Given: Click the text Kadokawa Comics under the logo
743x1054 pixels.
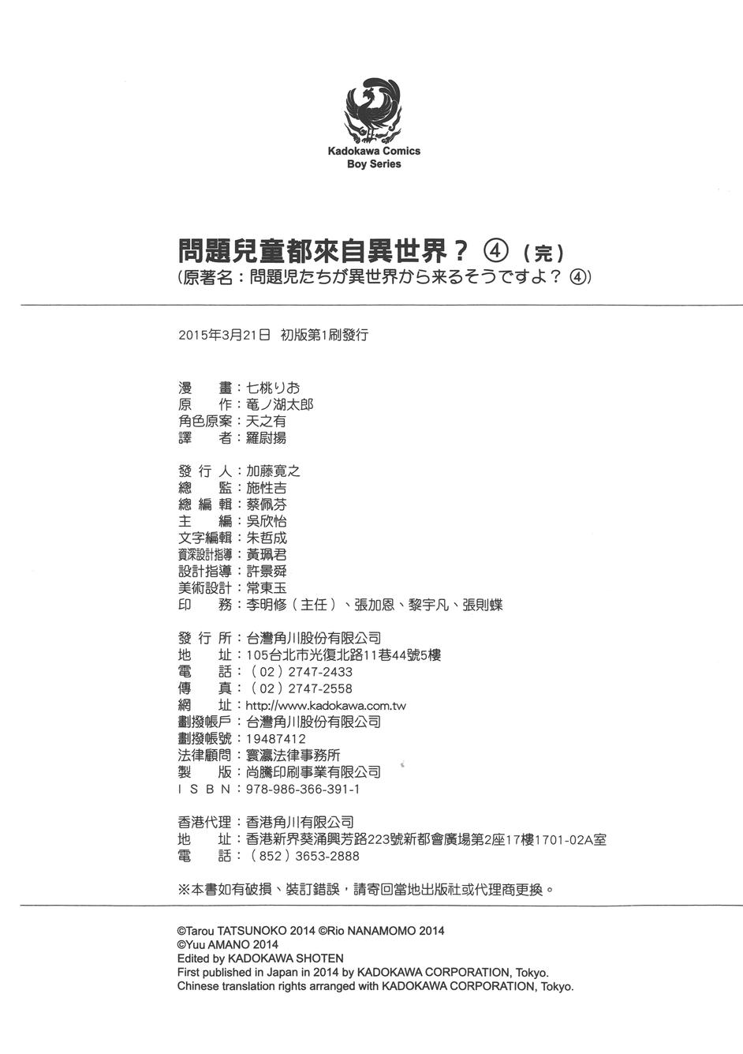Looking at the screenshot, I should click(x=374, y=151).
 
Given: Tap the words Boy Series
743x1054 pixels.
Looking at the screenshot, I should click(x=374, y=164).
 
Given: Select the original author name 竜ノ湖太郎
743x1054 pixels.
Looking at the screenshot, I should click(x=280, y=404).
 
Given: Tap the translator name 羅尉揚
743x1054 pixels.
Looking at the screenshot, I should click(x=266, y=437).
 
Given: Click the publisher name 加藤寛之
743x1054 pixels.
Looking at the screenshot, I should click(x=274, y=471).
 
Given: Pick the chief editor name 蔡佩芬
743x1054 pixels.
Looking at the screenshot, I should click(x=267, y=504).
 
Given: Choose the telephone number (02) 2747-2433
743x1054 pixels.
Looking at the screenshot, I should click(x=301, y=672).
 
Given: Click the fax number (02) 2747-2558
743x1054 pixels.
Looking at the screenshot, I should click(x=301, y=688).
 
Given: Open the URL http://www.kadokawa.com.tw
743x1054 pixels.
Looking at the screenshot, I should click(x=326, y=706).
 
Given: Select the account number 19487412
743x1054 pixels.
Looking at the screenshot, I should click(x=276, y=739).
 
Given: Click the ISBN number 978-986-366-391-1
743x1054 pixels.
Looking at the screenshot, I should click(x=304, y=789).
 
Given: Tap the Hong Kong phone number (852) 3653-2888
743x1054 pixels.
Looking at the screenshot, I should click(x=304, y=856).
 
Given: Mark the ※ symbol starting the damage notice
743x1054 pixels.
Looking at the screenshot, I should click(x=185, y=889).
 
